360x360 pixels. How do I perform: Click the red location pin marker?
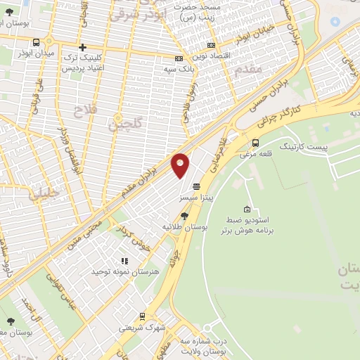pyautogui.click(x=181, y=165)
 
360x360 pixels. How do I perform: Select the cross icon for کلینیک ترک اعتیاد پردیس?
pyautogui.click(x=82, y=46)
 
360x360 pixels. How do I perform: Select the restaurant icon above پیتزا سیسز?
pyautogui.click(x=195, y=186)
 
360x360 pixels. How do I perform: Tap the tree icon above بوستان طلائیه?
pyautogui.click(x=184, y=217)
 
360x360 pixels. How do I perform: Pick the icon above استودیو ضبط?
pyautogui.click(x=247, y=209)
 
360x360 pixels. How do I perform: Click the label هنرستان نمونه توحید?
pyautogui.click(x=121, y=271)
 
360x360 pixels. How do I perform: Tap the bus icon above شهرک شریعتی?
pyautogui.click(x=143, y=316)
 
